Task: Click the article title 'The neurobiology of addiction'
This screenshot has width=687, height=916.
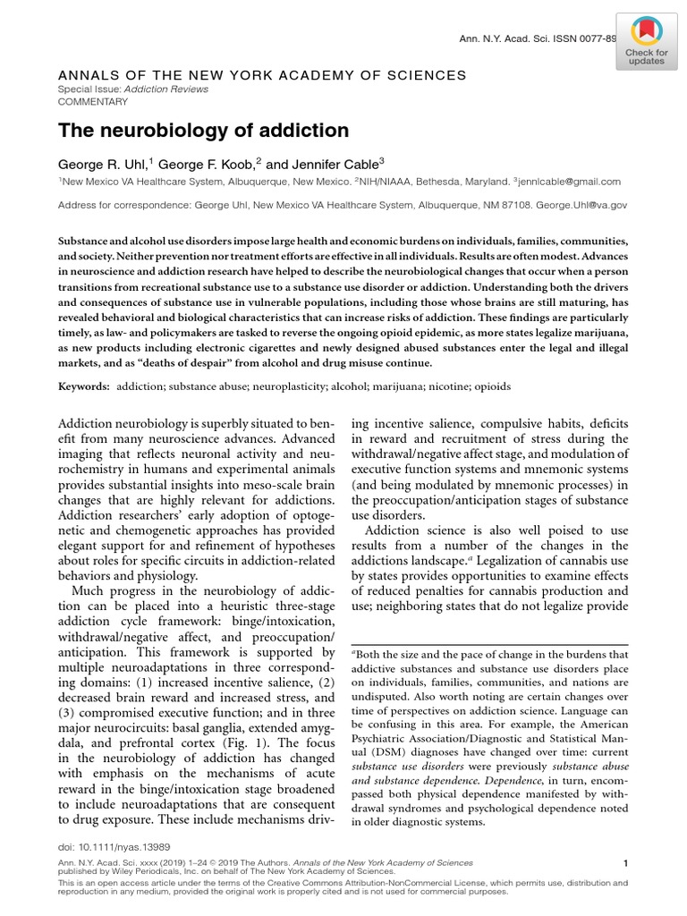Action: pyautogui.click(x=203, y=131)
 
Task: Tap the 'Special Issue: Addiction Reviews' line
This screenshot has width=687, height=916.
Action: pyautogui.click(x=133, y=89)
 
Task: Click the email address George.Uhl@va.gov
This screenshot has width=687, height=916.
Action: pyautogui.click(x=585, y=205)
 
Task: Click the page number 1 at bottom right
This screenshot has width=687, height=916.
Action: pyautogui.click(x=624, y=863)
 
